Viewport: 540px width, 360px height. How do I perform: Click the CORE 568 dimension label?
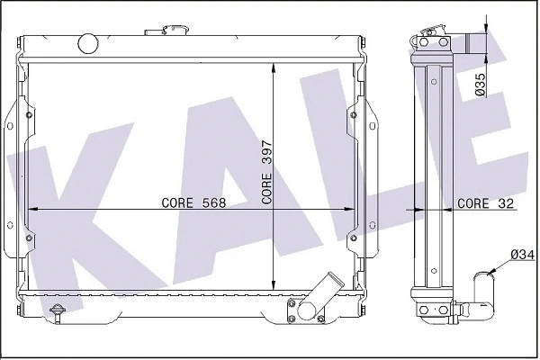coord(193,202)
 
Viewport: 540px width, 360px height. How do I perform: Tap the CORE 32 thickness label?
coord(486,203)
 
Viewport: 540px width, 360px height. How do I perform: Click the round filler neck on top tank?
coord(88,41)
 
